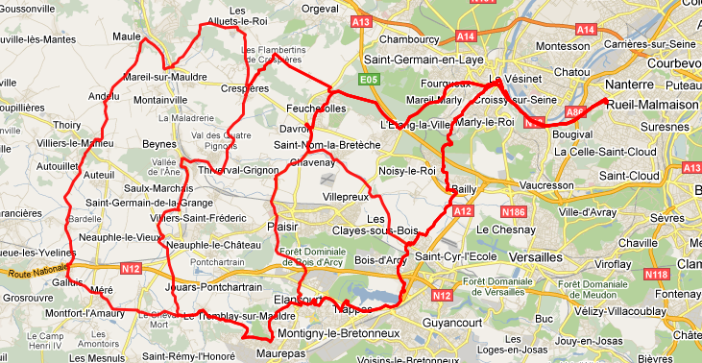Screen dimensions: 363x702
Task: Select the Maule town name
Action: (x=128, y=36)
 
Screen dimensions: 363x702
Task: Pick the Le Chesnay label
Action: (x=504, y=230)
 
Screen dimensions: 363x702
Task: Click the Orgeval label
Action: (x=321, y=8)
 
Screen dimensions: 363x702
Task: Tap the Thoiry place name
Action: (x=67, y=125)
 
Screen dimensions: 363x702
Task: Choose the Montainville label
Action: (x=160, y=99)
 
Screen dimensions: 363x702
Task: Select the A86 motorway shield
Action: (x=576, y=111)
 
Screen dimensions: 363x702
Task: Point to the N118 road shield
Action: (x=657, y=275)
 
